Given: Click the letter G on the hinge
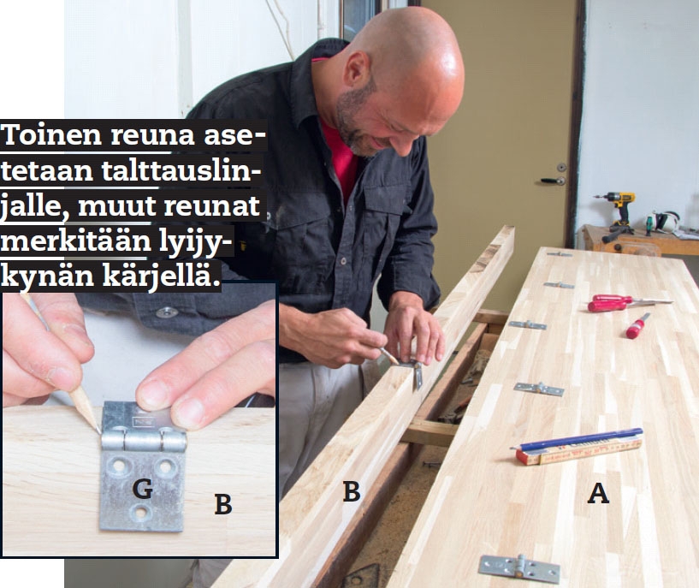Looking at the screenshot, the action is coord(143,489).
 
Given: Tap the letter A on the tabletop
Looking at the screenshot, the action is coord(598,493).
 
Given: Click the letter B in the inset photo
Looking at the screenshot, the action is coord(223,504).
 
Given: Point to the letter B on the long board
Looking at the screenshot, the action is coord(352,491).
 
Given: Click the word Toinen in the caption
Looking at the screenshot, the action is coord(52,134).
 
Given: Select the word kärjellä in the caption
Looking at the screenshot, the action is coord(162,276).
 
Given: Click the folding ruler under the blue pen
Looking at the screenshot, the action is coord(579,450).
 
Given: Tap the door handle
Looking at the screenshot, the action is coord(553,181).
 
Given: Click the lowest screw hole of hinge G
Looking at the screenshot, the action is coord(141,512).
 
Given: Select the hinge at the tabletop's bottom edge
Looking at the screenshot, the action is coord(519,568).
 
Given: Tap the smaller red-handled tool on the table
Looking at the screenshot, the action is coord(637,326).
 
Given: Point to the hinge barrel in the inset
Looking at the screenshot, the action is coord(144,441).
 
